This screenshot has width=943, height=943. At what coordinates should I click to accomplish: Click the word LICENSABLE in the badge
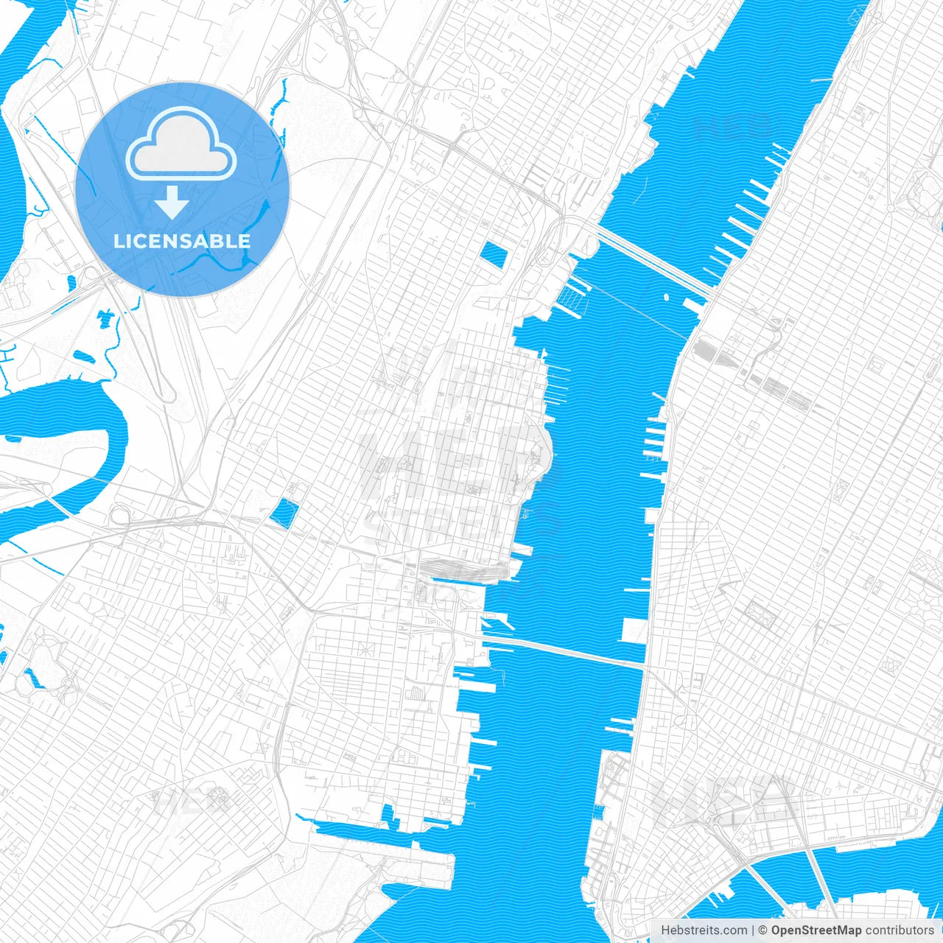click(182, 241)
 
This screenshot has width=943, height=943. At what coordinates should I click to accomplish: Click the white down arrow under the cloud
click(172, 203)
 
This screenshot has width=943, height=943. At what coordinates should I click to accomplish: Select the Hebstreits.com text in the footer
click(704, 930)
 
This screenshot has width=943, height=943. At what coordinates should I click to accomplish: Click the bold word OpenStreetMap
click(816, 930)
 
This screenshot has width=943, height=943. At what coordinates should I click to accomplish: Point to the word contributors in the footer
click(900, 930)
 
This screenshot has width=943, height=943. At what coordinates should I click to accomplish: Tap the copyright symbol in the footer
click(763, 930)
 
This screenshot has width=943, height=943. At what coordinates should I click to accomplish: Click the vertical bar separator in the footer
click(753, 930)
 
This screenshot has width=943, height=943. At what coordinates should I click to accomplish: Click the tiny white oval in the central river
click(666, 298)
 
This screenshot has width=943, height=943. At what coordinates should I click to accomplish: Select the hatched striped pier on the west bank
click(571, 296)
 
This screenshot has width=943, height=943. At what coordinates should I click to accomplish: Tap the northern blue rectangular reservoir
click(494, 254)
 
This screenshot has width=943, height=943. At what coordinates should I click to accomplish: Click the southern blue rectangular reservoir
click(283, 513)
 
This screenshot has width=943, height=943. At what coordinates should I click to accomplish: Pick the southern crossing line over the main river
click(567, 651)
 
